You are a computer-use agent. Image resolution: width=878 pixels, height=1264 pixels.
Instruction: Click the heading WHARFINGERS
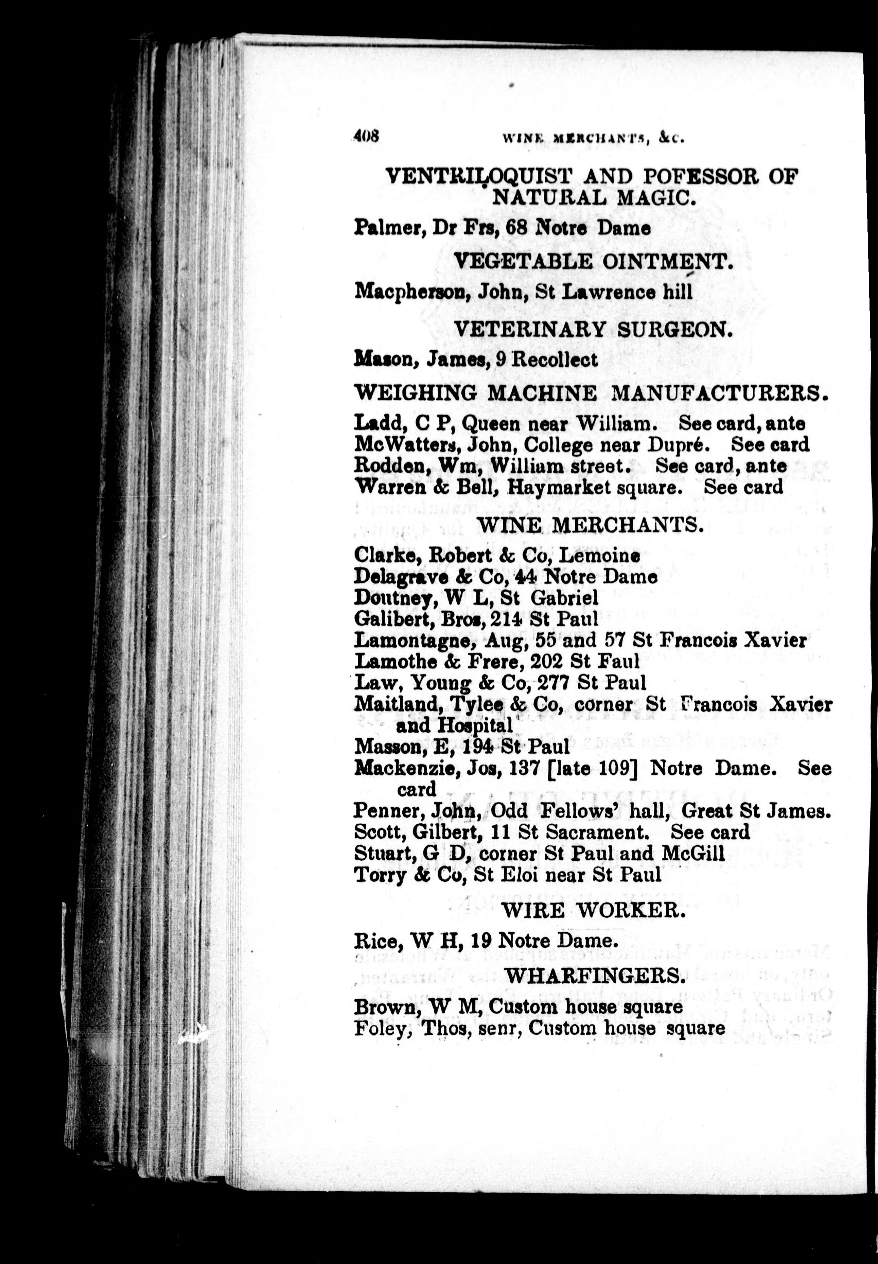click(595, 976)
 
